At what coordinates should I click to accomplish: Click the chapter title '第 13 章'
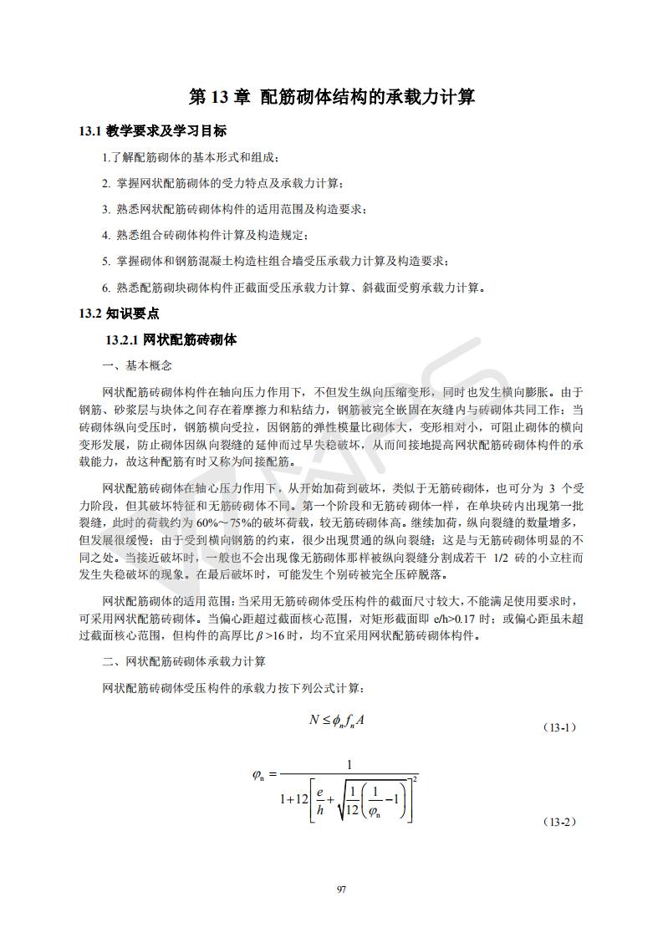(220, 97)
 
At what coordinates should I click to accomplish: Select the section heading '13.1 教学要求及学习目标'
(152, 131)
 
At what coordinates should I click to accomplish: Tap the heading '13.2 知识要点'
(119, 314)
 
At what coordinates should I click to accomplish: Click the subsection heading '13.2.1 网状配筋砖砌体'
(171, 340)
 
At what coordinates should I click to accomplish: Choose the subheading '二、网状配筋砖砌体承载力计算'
(184, 661)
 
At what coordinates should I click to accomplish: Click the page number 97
(341, 889)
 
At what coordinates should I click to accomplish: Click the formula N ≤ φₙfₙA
(336, 720)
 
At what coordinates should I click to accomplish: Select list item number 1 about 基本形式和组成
(191, 157)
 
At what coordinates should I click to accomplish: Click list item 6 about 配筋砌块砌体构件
(293, 288)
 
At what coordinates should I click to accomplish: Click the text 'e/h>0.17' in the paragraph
(456, 620)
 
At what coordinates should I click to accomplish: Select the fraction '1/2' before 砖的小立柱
(502, 557)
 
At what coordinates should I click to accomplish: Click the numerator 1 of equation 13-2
(349, 766)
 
